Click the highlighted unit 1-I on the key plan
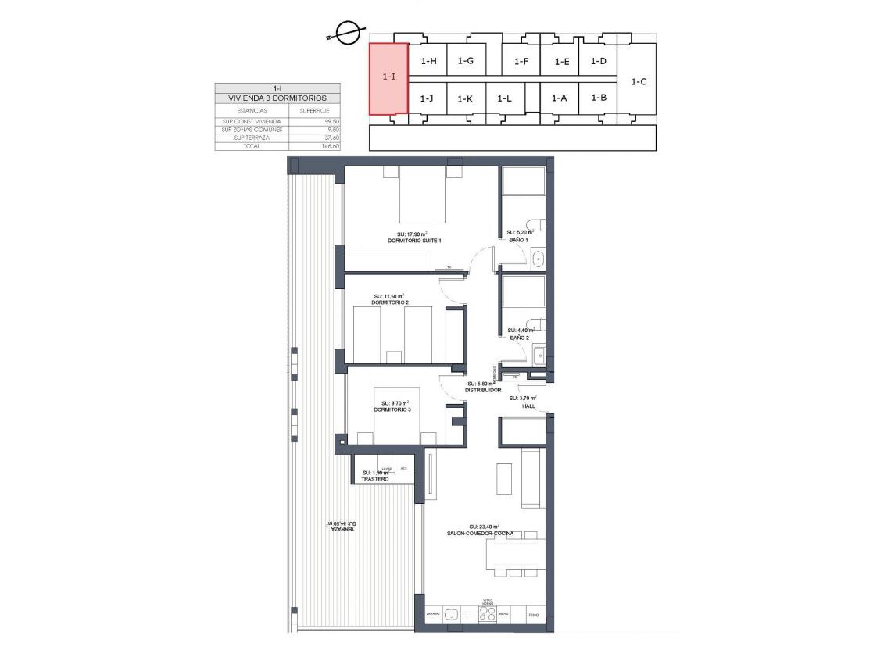point(388,77)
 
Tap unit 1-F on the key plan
point(521,61)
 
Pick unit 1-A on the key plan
point(558,98)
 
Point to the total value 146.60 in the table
point(331,145)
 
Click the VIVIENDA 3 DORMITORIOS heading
point(277,99)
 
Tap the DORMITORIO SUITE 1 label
point(414,241)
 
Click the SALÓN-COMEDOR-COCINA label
point(480,533)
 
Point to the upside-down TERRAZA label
point(341,529)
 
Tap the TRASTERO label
point(375,479)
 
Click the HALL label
point(528,406)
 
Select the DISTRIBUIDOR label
point(484,390)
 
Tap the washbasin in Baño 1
point(538,258)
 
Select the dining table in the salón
point(515,554)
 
